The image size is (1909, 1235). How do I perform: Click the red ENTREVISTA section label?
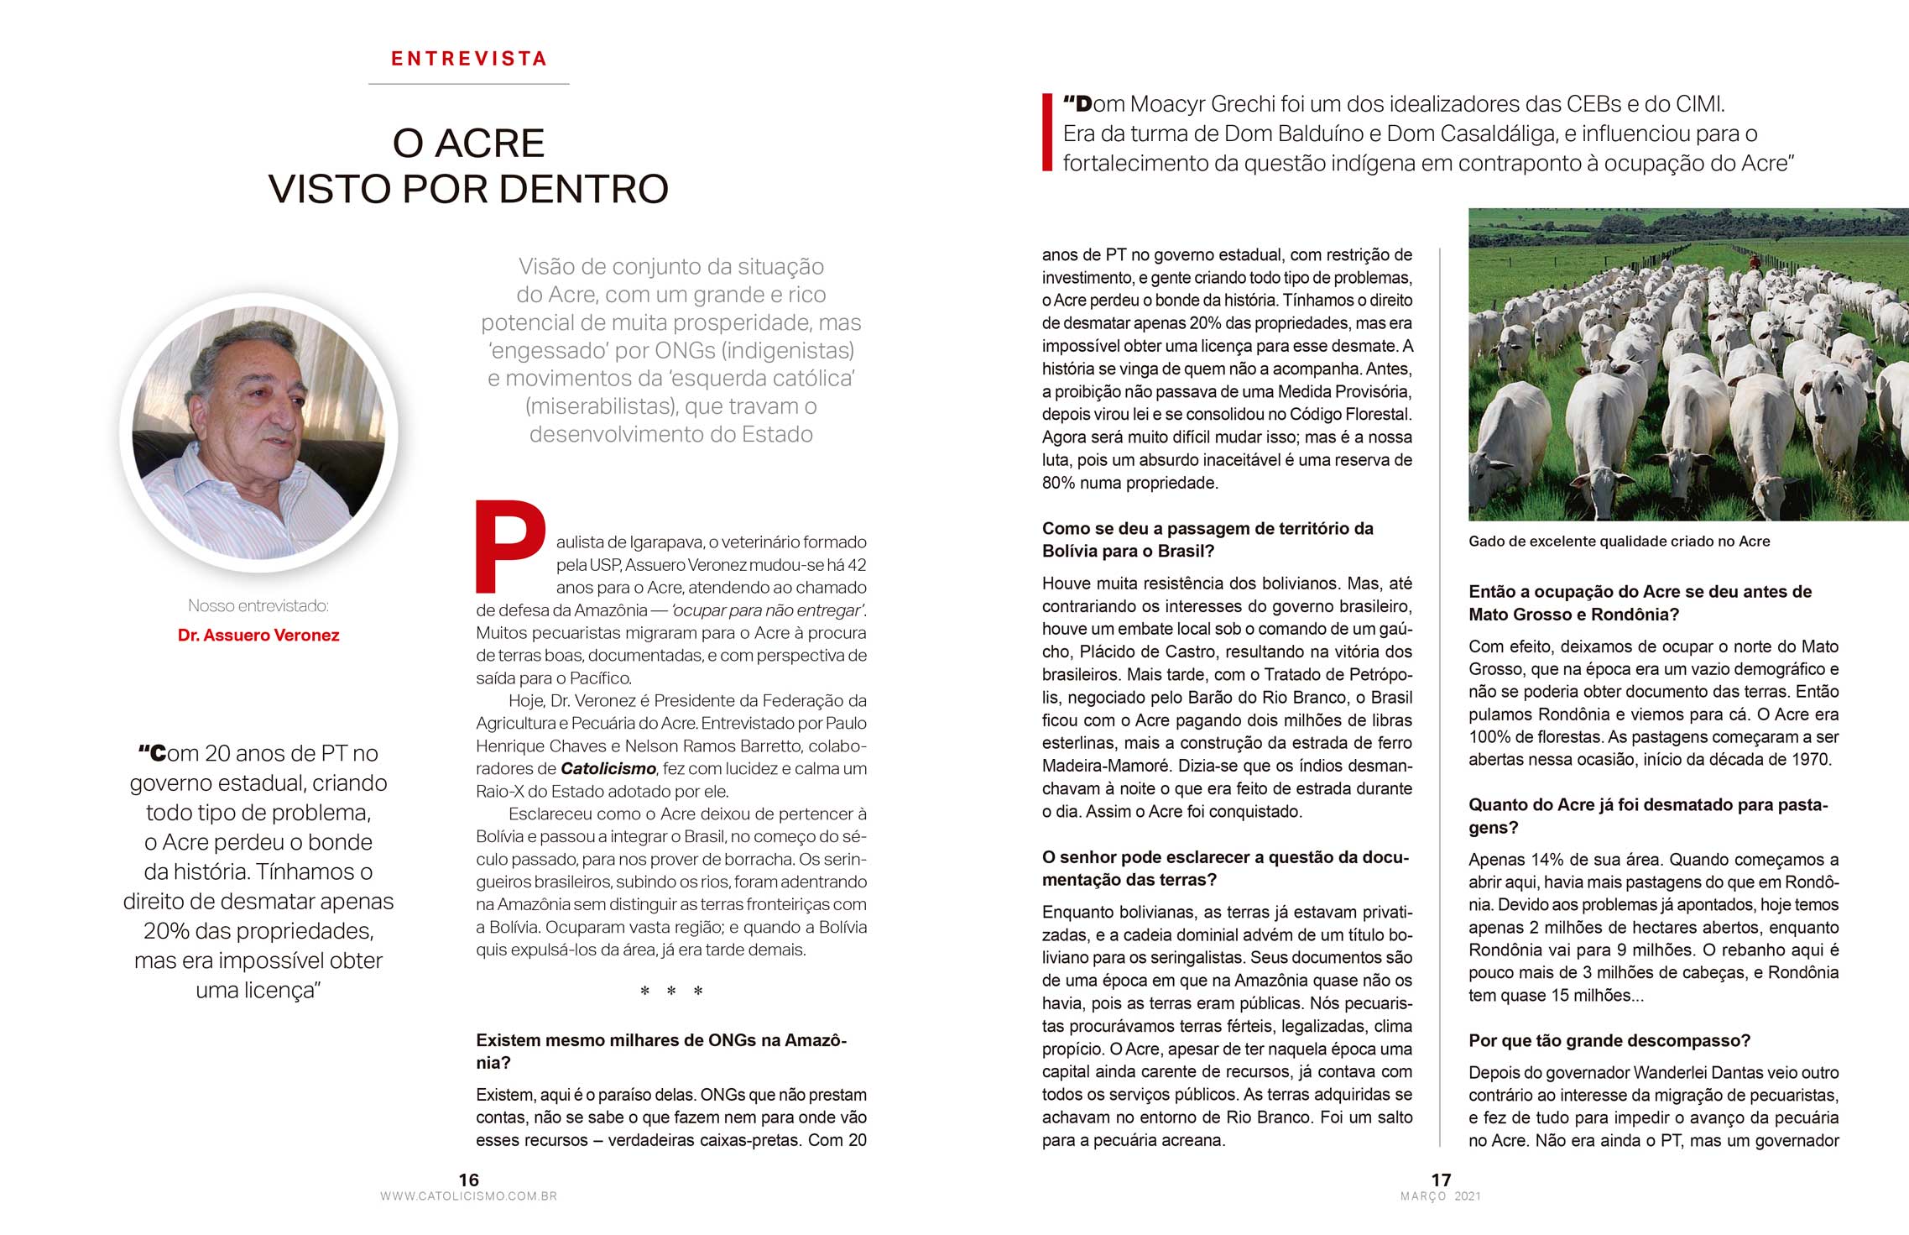click(x=468, y=59)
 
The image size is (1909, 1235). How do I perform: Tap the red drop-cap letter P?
click(x=509, y=546)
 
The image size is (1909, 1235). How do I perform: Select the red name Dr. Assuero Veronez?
click(x=258, y=636)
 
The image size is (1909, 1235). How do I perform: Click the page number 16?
click(x=468, y=1180)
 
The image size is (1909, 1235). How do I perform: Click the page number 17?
click(x=1441, y=1180)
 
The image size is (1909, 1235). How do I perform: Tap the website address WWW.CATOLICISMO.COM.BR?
click(x=468, y=1196)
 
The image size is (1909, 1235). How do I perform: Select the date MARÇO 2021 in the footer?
click(x=1441, y=1196)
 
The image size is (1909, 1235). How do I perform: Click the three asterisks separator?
click(x=671, y=992)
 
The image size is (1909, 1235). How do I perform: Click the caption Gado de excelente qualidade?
click(x=1619, y=542)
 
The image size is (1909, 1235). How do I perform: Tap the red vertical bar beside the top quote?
click(x=1046, y=133)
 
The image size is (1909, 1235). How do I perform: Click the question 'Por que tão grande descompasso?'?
click(x=1609, y=1041)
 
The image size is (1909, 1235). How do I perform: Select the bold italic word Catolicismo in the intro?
click(x=608, y=769)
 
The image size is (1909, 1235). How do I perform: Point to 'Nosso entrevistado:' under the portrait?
click(x=258, y=606)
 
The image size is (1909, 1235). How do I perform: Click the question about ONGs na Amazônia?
click(x=661, y=1051)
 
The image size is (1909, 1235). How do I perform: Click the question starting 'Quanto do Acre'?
click(x=1647, y=816)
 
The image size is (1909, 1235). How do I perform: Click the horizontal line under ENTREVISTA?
click(x=468, y=84)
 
